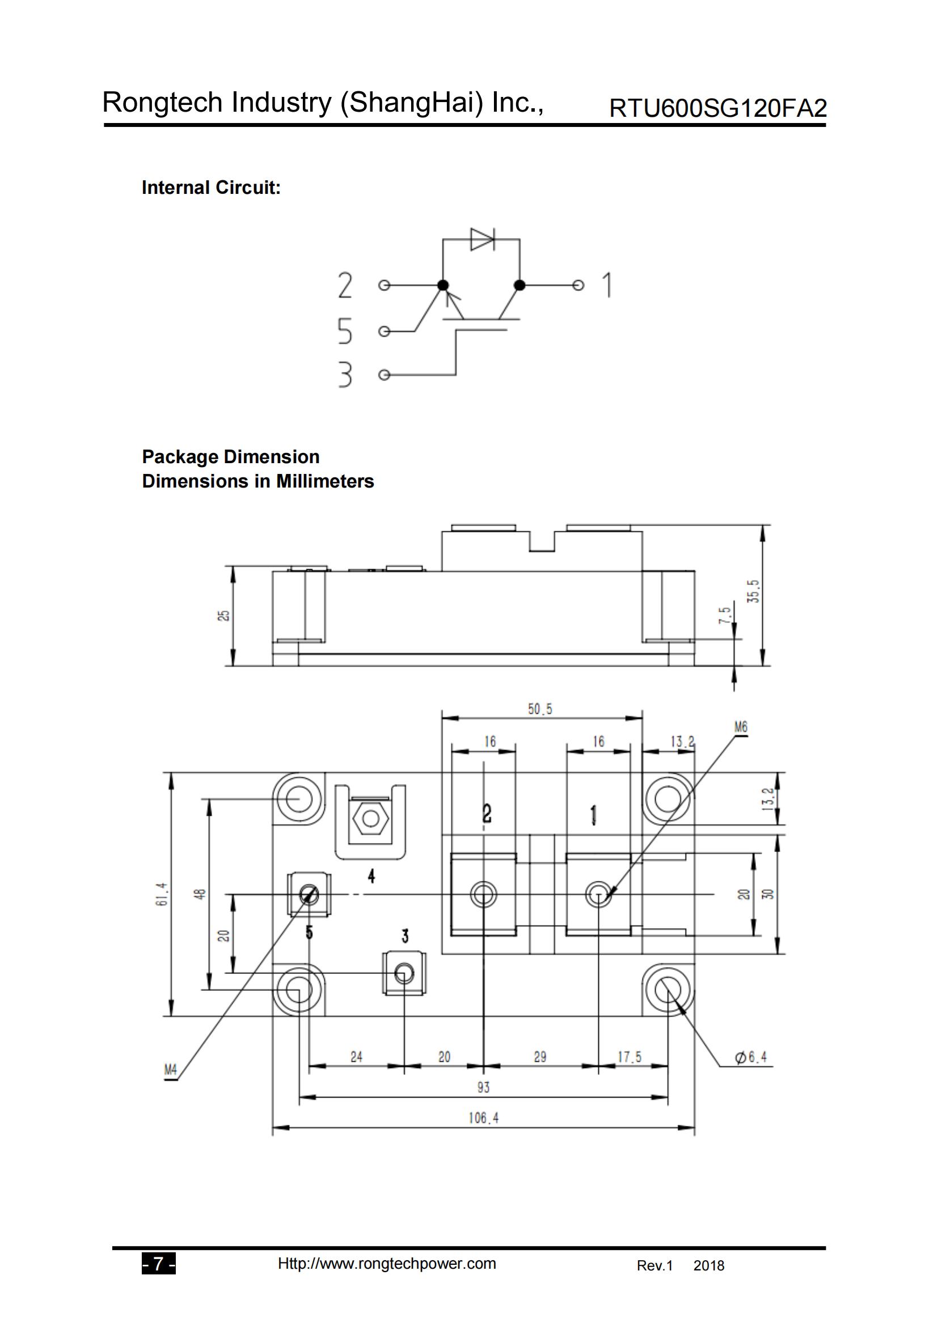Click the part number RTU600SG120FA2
[x=717, y=108]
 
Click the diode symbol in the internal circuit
[x=482, y=239]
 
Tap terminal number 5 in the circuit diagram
[x=345, y=331]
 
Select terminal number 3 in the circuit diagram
[x=345, y=374]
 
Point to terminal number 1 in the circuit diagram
[x=606, y=285]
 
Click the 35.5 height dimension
[x=753, y=591]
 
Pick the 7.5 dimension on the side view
[x=724, y=615]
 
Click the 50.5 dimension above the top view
[x=540, y=709]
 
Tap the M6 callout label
[x=741, y=727]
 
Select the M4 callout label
[x=170, y=1070]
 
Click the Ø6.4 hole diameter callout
[x=751, y=1057]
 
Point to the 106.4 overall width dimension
[x=483, y=1118]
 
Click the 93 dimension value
[x=483, y=1087]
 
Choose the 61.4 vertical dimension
[x=162, y=893]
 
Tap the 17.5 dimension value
[x=629, y=1057]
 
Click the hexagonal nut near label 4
[x=370, y=819]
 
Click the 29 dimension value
[x=540, y=1057]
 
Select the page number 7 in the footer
[x=158, y=1264]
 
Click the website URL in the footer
[x=386, y=1264]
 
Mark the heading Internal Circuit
[x=211, y=188]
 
